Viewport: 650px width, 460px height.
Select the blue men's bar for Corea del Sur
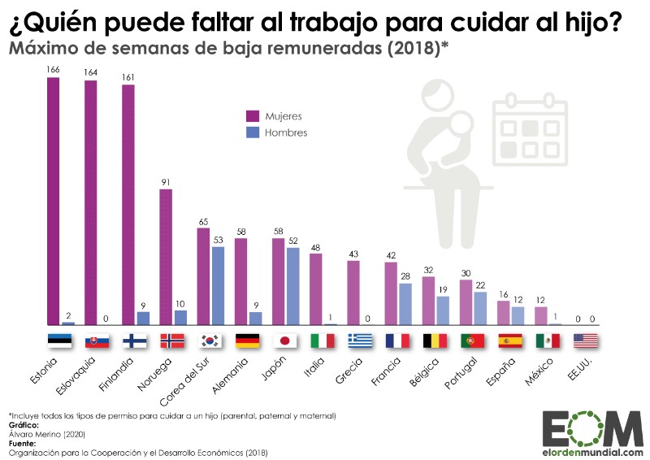point(218,285)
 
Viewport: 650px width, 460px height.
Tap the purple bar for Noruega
point(166,257)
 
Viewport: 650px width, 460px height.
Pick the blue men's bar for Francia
point(405,304)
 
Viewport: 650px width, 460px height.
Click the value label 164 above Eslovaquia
point(91,72)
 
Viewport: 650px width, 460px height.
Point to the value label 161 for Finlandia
point(128,77)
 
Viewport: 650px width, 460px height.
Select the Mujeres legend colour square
point(253,115)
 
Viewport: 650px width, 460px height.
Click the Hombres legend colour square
point(253,132)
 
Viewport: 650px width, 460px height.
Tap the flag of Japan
point(285,341)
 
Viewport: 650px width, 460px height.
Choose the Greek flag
point(360,341)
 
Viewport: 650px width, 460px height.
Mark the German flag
point(248,341)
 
